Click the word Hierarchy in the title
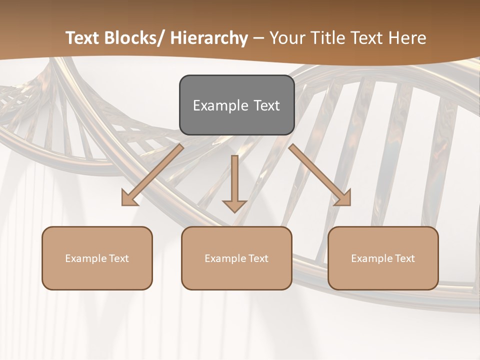(x=209, y=38)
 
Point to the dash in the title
(x=258, y=38)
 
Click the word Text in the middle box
(x=257, y=258)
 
